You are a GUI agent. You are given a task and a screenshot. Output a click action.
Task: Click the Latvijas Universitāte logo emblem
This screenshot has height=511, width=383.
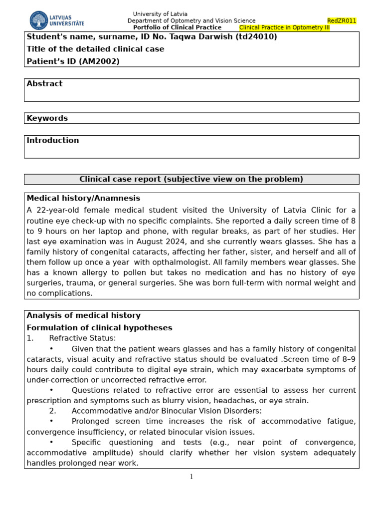(39, 20)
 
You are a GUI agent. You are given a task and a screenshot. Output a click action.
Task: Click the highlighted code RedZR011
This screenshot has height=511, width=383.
(342, 21)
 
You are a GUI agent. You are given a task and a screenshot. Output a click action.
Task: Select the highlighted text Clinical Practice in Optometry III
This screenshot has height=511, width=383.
(284, 28)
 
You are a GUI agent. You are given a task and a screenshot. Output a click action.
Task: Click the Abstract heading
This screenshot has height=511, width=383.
(44, 84)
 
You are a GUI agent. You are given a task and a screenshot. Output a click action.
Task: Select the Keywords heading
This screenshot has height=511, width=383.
(47, 118)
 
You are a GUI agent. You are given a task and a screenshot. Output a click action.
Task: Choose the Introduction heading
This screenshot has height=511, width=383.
(52, 141)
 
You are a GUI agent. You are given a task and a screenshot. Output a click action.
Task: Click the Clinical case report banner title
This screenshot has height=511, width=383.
(191, 179)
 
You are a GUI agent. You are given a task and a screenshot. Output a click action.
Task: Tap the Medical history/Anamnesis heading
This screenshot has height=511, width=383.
(83, 199)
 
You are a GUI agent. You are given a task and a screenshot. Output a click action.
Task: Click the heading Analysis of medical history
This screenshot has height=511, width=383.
(83, 315)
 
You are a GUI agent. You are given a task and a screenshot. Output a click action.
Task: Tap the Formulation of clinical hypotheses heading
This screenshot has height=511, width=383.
(99, 328)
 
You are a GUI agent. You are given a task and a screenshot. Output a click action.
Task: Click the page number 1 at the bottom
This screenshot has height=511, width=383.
(191, 477)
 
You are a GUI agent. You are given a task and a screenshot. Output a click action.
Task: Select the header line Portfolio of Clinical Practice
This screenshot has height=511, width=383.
(177, 28)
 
